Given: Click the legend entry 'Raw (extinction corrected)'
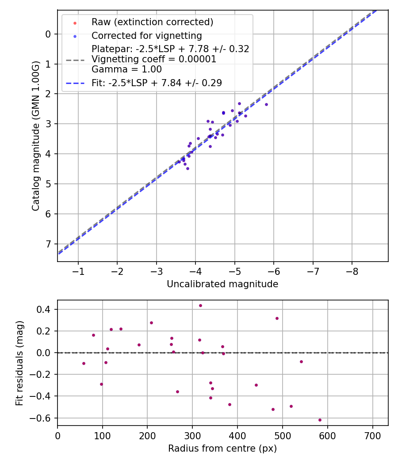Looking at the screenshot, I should pyautogui.click(x=152, y=22).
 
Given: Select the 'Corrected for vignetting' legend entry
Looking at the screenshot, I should pyautogui.click(x=146, y=36).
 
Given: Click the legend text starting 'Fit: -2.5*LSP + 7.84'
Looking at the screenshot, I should pyautogui.click(x=157, y=83).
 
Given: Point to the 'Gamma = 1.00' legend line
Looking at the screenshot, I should pyautogui.click(x=126, y=69).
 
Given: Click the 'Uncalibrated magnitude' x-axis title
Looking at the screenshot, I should pyautogui.click(x=222, y=284).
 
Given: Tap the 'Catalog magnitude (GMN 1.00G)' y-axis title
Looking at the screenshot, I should pyautogui.click(x=36, y=136).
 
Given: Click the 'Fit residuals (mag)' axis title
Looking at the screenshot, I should pyautogui.click(x=19, y=363).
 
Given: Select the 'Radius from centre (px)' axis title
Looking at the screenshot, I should pyautogui.click(x=222, y=449).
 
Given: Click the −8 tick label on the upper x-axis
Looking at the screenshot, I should pyautogui.click(x=352, y=271).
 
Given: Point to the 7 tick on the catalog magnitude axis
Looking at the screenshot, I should pyautogui.click(x=49, y=244).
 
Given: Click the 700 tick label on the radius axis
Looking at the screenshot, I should pyautogui.click(x=372, y=435).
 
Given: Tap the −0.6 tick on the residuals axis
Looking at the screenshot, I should pyautogui.click(x=43, y=418).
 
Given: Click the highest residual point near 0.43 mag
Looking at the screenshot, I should pyautogui.click(x=200, y=305).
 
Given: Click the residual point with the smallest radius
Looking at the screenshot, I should pyautogui.click(x=84, y=363).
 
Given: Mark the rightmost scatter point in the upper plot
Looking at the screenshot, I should pyautogui.click(x=266, y=104).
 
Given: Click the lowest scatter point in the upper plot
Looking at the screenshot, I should pyautogui.click(x=188, y=168).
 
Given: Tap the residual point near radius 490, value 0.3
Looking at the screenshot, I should pyautogui.click(x=277, y=318).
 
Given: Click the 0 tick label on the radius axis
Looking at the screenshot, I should pyautogui.click(x=57, y=435).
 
